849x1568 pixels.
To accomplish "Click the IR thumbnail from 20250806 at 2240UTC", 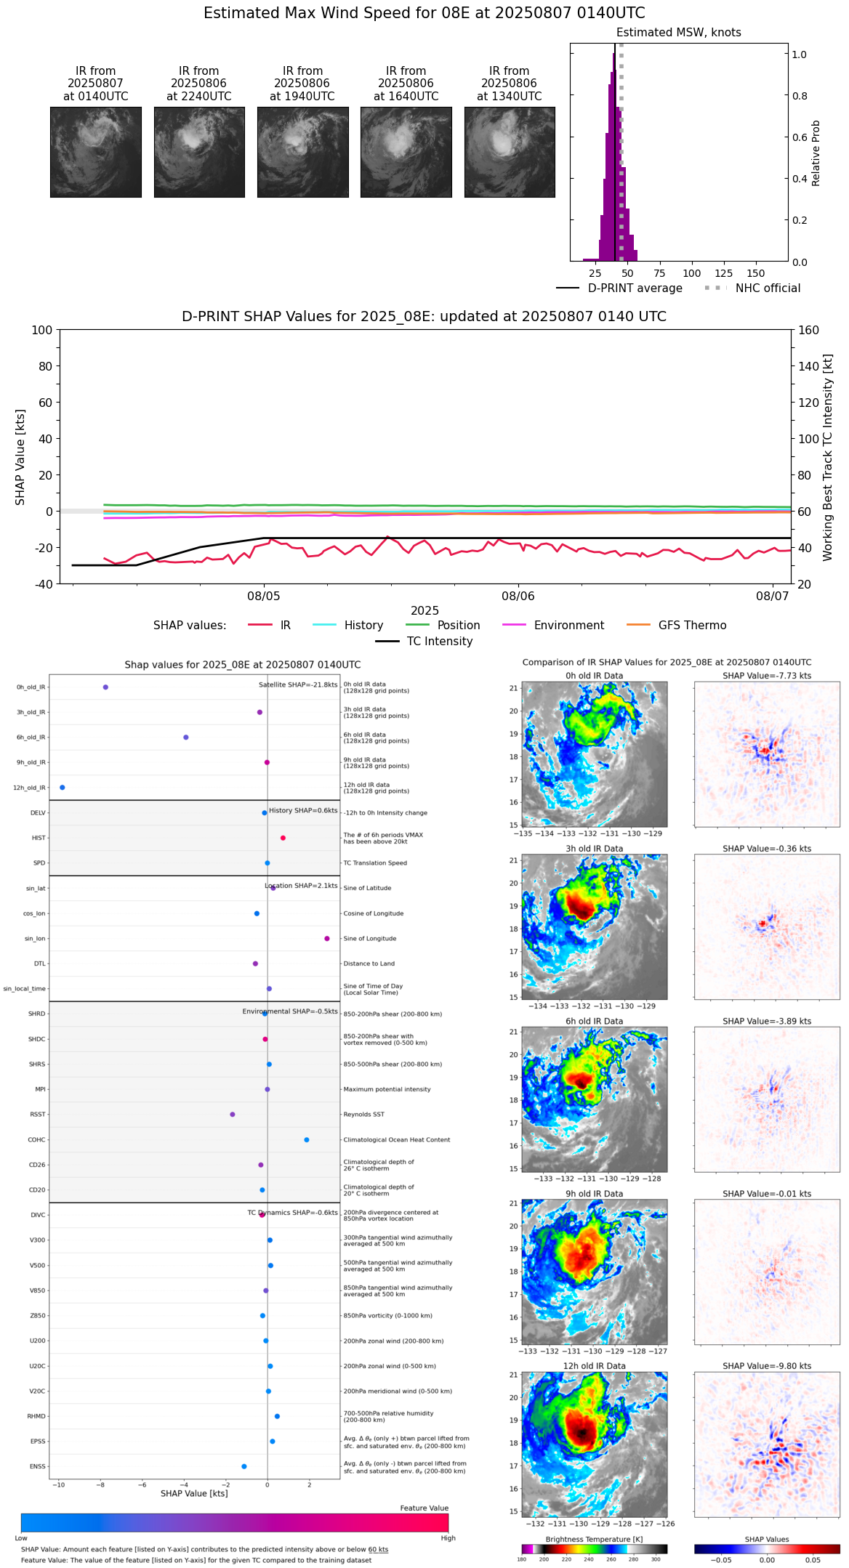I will (199, 152).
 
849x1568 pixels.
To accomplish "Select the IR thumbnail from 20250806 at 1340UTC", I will (510, 152).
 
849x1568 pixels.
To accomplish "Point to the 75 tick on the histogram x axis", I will (659, 273).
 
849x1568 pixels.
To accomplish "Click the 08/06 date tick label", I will (518, 597).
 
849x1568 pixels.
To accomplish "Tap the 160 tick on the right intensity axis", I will (808, 331).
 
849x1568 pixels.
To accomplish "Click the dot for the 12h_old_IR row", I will (62, 788).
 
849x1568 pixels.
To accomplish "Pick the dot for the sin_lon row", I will (327, 939).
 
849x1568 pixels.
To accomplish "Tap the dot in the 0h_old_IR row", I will (105, 687).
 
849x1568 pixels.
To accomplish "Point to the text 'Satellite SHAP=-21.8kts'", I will (298, 685).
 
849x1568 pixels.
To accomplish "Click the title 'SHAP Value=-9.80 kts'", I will (767, 1367).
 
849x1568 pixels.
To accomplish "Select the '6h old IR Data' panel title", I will (594, 1022).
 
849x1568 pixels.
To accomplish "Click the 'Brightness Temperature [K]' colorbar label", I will (594, 1540).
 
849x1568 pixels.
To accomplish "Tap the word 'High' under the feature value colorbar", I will (448, 1538).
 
